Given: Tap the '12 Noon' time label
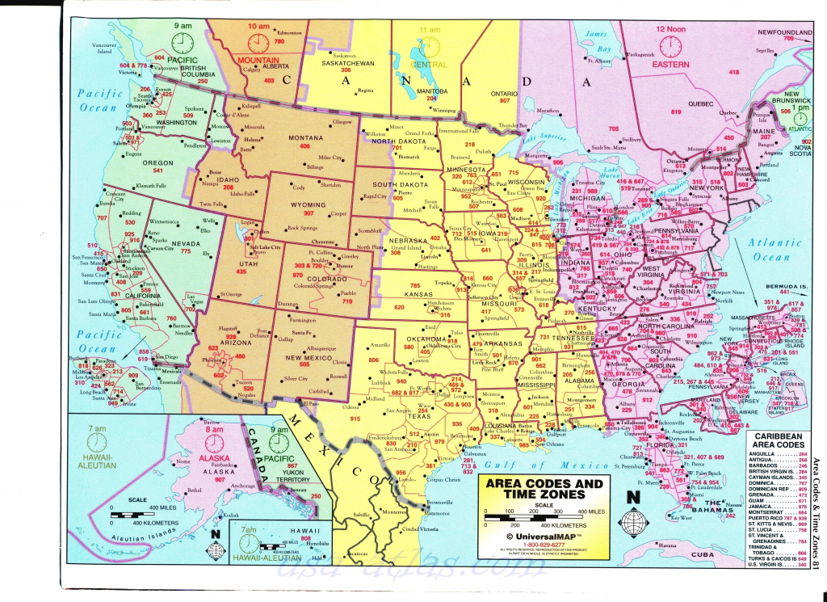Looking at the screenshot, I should pos(670,29).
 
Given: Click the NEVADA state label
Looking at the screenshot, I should pos(186,242).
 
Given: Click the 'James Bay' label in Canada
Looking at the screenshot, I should pos(596,38).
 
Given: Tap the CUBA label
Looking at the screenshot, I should pos(703,554).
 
